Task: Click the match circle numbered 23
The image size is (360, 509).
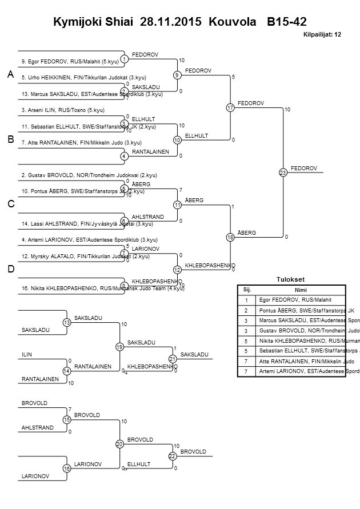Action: (283, 172)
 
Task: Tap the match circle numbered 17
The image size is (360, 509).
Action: (230, 107)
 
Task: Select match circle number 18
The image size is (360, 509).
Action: (230, 237)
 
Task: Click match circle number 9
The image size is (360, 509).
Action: (178, 75)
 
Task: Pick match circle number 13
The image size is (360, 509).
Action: (67, 323)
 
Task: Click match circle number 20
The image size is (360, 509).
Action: (119, 443)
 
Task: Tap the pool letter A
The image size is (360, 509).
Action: (10, 75)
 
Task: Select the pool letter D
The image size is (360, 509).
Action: (10, 269)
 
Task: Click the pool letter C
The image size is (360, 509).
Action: (10, 204)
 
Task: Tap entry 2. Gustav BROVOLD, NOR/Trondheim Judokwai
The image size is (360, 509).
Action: (89, 175)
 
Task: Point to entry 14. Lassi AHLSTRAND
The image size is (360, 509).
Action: (81, 223)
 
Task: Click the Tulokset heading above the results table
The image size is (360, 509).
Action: (291, 280)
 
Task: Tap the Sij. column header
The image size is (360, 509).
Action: (247, 290)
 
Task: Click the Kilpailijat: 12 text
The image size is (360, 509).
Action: (322, 35)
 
